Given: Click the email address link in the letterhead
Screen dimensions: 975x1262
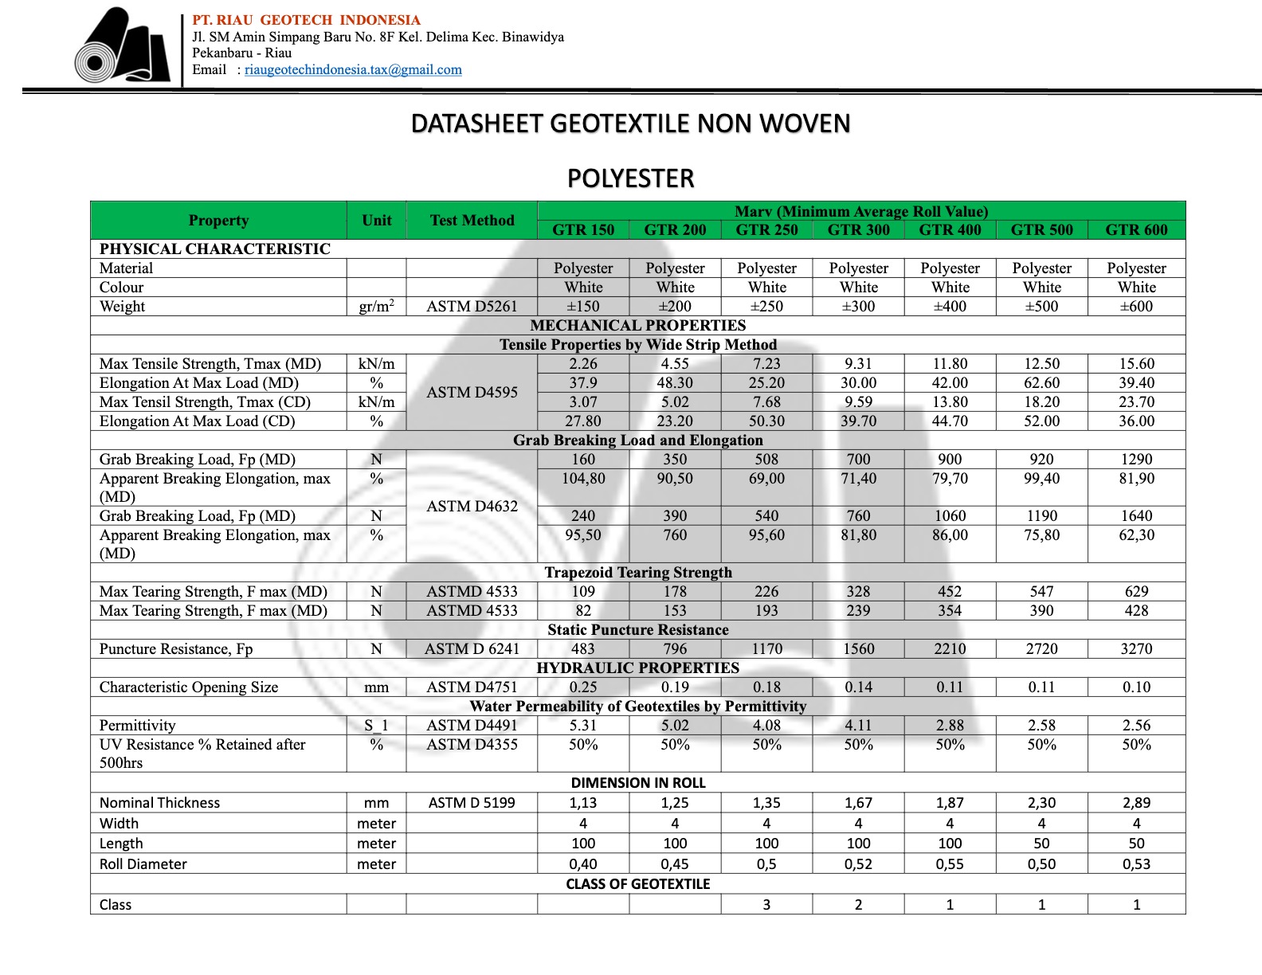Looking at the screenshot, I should (x=353, y=70).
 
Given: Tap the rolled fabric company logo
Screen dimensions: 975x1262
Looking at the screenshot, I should (x=123, y=47).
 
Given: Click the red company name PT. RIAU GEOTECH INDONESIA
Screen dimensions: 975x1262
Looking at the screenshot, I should (x=306, y=20).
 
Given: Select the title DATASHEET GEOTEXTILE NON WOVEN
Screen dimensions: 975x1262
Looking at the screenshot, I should (x=630, y=123).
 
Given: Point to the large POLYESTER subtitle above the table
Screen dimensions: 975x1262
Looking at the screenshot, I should (x=630, y=178).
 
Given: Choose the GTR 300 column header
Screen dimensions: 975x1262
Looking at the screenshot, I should (x=858, y=230).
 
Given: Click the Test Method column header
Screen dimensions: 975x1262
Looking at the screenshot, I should (x=472, y=221).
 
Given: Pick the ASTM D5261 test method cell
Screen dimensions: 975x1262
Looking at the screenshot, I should (x=472, y=307).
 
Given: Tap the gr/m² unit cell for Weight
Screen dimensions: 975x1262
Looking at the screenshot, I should (x=376, y=307).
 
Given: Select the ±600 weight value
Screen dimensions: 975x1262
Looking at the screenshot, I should (x=1136, y=307).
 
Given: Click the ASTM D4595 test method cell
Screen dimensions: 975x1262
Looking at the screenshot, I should (x=472, y=393).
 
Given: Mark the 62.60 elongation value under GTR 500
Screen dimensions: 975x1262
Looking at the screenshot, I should (x=1041, y=383).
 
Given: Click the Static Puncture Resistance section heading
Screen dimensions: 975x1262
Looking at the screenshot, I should (x=637, y=630).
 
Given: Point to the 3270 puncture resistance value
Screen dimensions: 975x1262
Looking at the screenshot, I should (x=1136, y=649).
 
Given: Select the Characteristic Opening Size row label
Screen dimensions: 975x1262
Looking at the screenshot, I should (x=189, y=687).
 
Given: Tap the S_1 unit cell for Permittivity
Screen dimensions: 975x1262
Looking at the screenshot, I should (x=376, y=726).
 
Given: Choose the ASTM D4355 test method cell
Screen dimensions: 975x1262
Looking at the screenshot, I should (x=472, y=745).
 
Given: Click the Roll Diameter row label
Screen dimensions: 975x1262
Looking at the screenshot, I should (x=143, y=864).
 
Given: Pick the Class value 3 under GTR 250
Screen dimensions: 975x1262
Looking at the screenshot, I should (x=766, y=905).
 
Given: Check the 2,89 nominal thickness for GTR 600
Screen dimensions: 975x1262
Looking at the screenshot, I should (x=1136, y=803).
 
